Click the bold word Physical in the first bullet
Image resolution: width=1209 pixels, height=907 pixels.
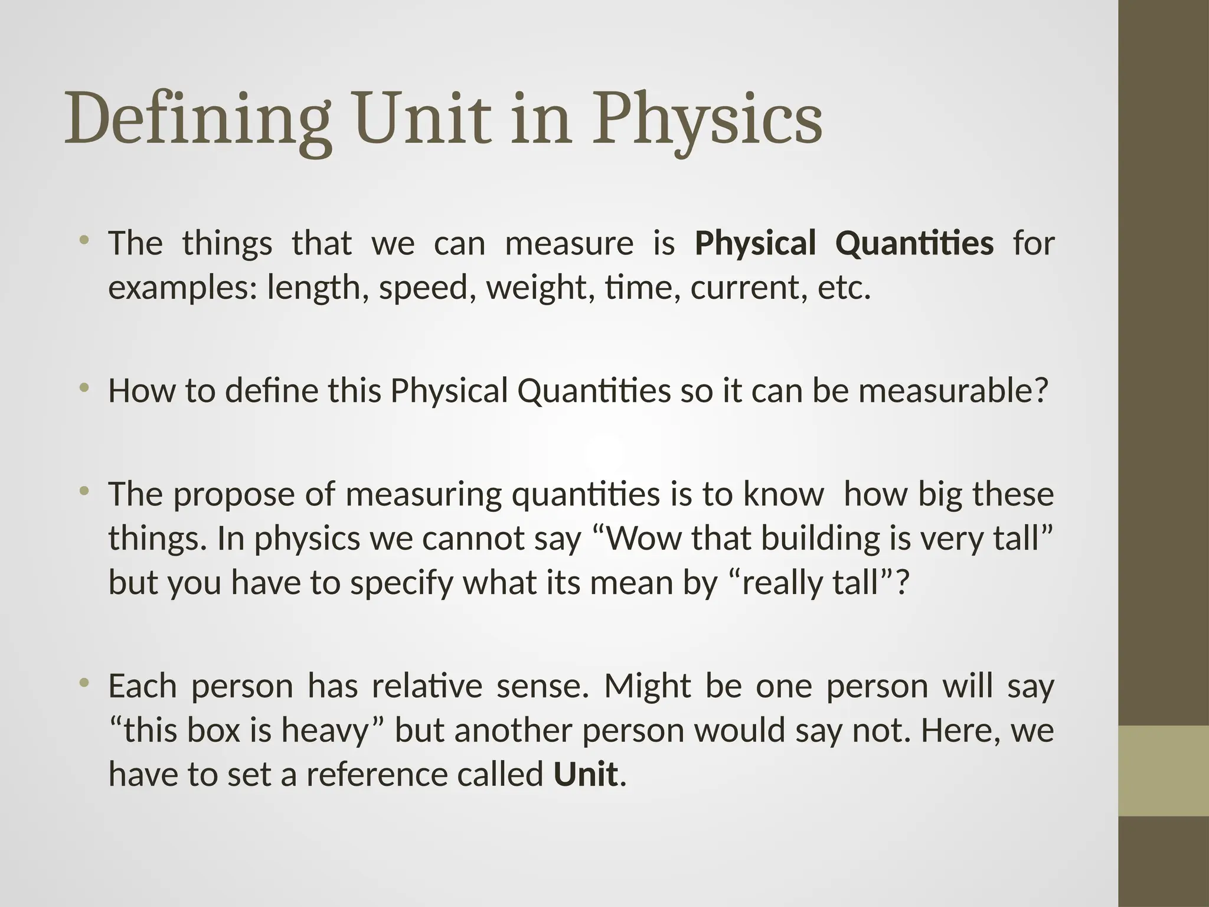756,243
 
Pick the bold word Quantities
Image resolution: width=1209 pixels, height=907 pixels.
915,243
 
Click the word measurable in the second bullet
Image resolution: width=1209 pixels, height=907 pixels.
953,391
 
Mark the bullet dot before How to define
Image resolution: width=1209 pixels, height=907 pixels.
85,387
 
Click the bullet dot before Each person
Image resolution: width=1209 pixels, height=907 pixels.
85,683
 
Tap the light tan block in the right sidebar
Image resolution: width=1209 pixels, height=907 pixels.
1164,771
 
